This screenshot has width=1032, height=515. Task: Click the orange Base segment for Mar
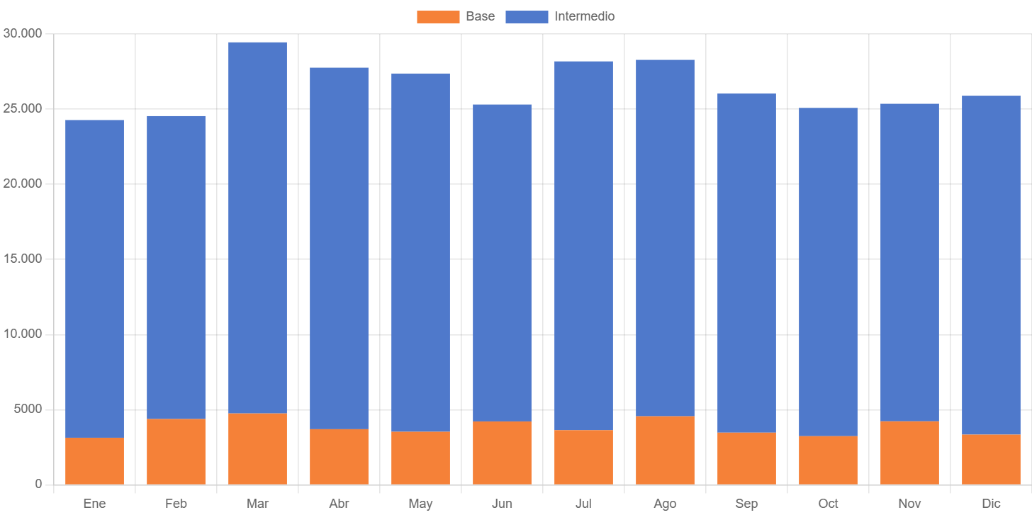[x=257, y=448]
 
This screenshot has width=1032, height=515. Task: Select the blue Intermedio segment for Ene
[x=94, y=278]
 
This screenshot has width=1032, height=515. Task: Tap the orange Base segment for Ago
[x=665, y=450]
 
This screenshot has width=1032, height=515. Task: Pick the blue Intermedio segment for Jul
[x=583, y=245]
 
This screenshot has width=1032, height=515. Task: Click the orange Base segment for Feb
[x=176, y=451]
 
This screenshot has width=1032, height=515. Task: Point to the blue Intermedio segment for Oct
[x=828, y=271]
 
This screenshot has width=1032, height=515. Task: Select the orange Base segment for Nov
[x=909, y=453]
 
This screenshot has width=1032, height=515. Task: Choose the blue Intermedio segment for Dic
[x=991, y=265]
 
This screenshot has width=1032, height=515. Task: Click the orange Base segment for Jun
[x=502, y=453]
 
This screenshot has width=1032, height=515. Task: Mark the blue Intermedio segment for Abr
[x=339, y=248]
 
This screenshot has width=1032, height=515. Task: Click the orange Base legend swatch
[x=437, y=17]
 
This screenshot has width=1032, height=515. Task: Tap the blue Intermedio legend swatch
[x=527, y=17]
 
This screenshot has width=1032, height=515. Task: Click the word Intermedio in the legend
[x=584, y=16]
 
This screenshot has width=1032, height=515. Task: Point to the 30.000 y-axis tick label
[x=23, y=33]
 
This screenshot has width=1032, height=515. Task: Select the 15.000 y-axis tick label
[x=23, y=259]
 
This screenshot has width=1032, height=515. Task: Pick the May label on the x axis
[x=420, y=504]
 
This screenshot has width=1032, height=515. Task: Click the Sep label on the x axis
[x=746, y=504]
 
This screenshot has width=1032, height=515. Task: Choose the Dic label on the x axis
[x=991, y=504]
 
